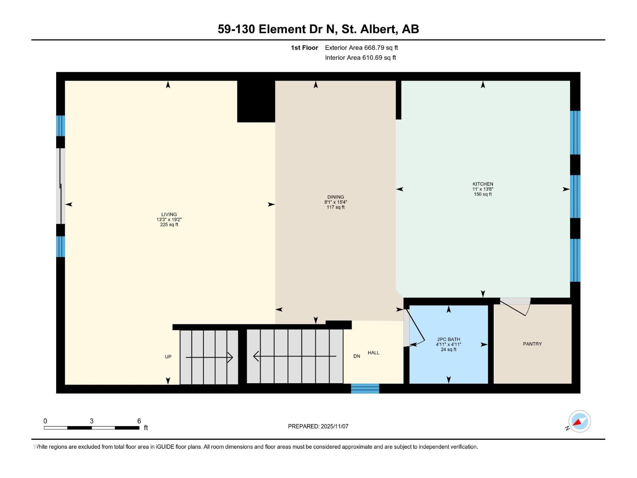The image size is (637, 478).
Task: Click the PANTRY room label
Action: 532,344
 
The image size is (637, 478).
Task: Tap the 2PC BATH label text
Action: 448,339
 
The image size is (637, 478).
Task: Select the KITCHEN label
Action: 483,184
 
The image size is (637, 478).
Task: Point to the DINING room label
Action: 336,197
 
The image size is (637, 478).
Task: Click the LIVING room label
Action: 169,214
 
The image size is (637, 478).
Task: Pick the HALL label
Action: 373,353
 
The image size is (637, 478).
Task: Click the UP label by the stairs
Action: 168,357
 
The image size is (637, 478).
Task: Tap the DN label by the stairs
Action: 357,356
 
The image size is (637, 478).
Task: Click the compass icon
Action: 579,421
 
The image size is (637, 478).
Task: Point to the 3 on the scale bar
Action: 92,421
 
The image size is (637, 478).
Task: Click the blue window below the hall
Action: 365,388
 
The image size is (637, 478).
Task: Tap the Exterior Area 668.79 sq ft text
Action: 361,48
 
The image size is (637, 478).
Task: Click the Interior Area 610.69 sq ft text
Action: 360,58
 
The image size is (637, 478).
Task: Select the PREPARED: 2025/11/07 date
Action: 318,426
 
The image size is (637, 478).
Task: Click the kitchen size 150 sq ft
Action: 483,194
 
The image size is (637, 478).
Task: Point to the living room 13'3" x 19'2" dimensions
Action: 169,219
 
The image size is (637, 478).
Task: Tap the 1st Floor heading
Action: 304,48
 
